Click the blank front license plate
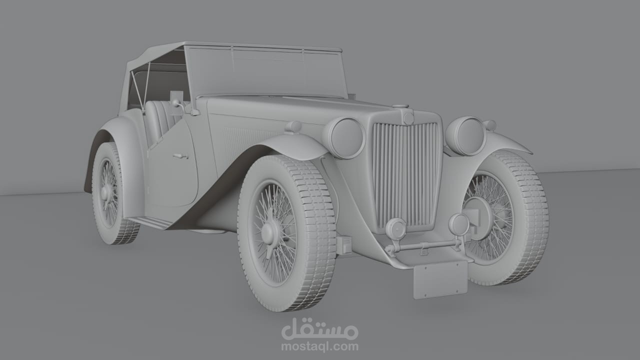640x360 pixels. [440, 279]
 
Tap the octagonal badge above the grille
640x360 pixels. [409, 117]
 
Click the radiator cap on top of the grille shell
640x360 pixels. [400, 106]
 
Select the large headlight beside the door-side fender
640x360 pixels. [344, 137]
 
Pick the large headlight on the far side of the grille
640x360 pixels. [466, 135]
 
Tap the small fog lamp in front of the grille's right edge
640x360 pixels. [458, 223]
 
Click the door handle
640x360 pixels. [180, 156]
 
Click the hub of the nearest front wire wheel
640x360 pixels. [268, 231]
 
